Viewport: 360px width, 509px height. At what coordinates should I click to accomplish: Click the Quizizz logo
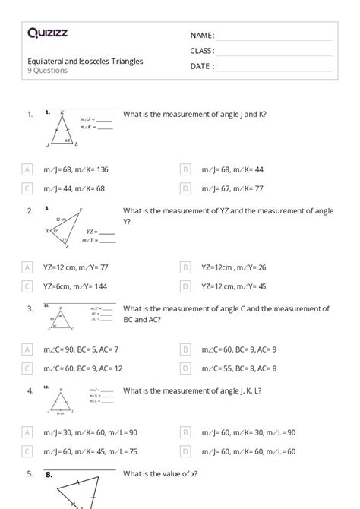click(47, 33)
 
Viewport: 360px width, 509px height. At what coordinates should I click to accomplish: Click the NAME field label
click(202, 36)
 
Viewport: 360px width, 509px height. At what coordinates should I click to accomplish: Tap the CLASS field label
click(202, 51)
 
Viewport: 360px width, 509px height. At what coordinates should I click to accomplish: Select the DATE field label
click(202, 66)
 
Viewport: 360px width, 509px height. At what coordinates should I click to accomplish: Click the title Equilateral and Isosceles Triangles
click(85, 61)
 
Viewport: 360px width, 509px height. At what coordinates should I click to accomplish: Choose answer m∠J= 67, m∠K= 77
click(232, 188)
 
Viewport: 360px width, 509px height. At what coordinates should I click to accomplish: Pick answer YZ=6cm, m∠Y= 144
click(75, 286)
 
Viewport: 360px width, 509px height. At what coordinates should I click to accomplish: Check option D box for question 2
click(185, 286)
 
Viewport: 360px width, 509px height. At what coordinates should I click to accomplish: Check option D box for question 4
click(185, 451)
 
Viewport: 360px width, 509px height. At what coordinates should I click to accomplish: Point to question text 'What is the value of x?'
click(160, 474)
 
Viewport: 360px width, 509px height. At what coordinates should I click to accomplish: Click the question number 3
click(30, 309)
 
